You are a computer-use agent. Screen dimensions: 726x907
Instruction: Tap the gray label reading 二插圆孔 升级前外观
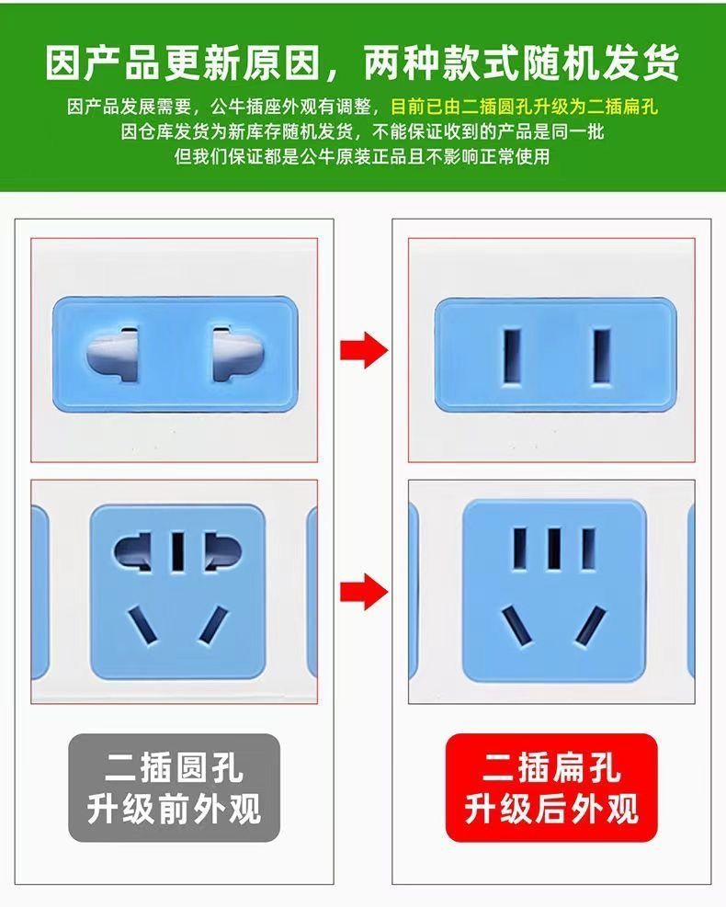click(x=174, y=788)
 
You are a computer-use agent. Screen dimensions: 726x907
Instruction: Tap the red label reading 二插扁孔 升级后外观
click(x=551, y=788)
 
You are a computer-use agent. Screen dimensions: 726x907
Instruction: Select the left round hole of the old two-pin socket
click(x=114, y=352)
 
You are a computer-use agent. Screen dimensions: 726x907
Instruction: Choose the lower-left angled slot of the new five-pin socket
click(x=515, y=627)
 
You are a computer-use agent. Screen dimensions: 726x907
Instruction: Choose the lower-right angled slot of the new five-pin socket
click(x=592, y=627)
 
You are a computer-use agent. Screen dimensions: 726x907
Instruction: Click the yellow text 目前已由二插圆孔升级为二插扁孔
click(x=525, y=107)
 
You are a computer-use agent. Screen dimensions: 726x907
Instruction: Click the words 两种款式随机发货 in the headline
click(x=520, y=62)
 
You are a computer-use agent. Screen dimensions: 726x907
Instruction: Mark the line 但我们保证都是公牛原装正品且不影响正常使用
click(x=362, y=156)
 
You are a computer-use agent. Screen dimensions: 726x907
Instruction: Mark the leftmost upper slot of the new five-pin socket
click(x=519, y=549)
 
